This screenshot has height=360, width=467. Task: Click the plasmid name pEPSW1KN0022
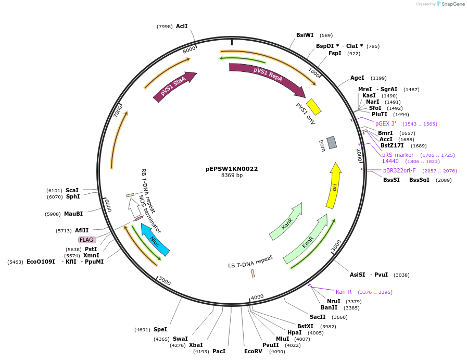click(x=232, y=169)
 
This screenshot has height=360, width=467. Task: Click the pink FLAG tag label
click(x=86, y=240)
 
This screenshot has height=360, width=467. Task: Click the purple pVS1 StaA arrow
click(x=174, y=86)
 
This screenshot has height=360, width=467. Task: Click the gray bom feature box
click(x=332, y=142)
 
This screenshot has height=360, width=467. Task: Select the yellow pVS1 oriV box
click(x=313, y=107)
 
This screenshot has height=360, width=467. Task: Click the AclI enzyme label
click(x=182, y=26)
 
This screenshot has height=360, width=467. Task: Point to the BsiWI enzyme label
click(x=305, y=35)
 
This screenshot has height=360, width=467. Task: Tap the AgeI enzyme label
click(x=357, y=78)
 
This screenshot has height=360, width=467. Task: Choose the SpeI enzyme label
click(x=160, y=329)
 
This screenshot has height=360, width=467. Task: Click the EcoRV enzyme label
click(x=254, y=351)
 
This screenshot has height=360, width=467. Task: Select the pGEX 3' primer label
click(x=386, y=123)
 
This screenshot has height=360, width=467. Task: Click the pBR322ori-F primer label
click(x=399, y=170)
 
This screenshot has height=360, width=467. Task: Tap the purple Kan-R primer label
click(x=344, y=292)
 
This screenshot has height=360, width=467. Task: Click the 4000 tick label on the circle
click(x=257, y=297)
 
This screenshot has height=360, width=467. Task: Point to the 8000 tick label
click(x=189, y=49)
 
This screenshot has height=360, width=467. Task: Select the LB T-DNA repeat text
click(x=250, y=261)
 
